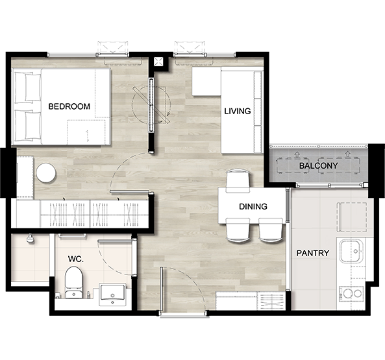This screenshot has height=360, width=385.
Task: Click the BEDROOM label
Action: [69, 106]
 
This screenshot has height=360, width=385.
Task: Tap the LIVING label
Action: [238, 111]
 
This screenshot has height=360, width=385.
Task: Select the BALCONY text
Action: [318, 165]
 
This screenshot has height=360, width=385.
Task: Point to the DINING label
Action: [253, 206]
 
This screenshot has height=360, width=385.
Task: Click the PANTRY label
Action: [312, 253]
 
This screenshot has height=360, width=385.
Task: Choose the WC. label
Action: [75, 259]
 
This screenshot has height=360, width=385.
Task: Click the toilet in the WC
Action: [73, 282]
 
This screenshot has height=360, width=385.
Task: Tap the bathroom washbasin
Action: [112, 294]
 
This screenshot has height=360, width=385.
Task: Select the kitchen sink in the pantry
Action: [351, 251]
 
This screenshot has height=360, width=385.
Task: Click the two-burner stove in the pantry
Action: [351, 294]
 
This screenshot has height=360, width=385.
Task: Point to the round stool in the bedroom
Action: [46, 173]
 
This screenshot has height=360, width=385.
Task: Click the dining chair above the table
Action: [238, 181]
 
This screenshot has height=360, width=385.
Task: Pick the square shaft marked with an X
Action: [158, 62]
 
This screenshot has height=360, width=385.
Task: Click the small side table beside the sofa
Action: [206, 82]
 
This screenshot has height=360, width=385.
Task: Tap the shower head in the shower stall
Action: [31, 239]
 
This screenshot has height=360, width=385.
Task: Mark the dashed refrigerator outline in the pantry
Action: [352, 217]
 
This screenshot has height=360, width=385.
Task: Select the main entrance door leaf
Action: [161, 291]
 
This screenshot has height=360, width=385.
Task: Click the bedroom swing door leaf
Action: [129, 192]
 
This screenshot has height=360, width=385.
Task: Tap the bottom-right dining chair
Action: [270, 230]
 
